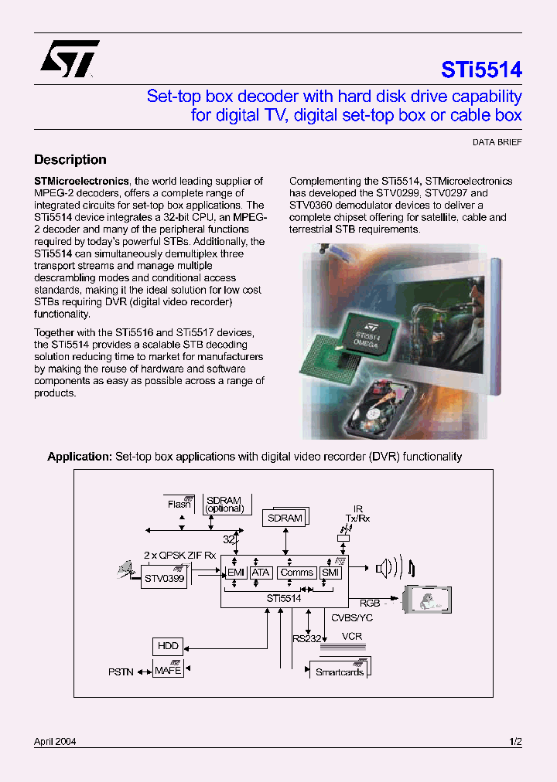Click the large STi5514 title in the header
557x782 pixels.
[481, 70]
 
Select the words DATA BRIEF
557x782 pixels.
[497, 143]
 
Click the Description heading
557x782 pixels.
[70, 160]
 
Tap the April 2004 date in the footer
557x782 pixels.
[55, 742]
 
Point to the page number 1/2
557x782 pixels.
[515, 742]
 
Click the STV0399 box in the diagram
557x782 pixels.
[164, 577]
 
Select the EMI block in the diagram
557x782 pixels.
[235, 573]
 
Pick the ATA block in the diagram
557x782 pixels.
[261, 573]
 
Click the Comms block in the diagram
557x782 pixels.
[297, 573]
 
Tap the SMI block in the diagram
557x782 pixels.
[330, 573]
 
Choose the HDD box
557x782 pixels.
[168, 646]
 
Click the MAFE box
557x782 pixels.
[168, 670]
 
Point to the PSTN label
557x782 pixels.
[121, 672]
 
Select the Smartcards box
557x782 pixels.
[339, 671]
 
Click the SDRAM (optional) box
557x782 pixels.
[225, 505]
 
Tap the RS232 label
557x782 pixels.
[306, 638]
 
